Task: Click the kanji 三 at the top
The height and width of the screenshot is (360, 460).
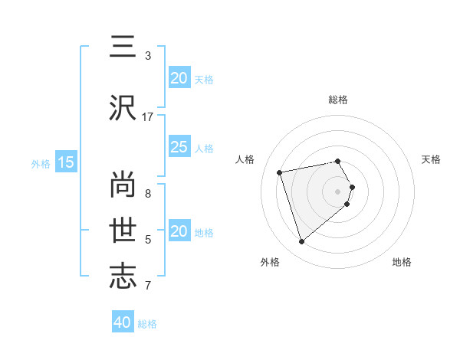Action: (x=123, y=47)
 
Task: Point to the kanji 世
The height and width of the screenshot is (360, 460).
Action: (x=123, y=228)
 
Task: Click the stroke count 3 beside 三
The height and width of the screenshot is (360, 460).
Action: (x=148, y=55)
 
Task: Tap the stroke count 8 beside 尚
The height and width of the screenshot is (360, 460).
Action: (x=148, y=193)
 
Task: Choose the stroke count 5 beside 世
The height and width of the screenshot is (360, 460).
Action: (x=148, y=240)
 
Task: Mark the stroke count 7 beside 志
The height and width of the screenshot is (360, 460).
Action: (x=148, y=286)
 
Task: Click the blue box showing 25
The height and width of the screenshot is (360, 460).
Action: (x=179, y=147)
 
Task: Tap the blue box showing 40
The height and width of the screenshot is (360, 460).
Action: (x=123, y=322)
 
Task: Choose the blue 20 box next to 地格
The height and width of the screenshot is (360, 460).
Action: (x=179, y=231)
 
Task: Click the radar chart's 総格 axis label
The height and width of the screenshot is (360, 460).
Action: (x=338, y=100)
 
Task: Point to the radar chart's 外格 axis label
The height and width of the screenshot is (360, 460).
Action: (x=270, y=262)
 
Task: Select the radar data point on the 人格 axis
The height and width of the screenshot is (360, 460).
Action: (x=280, y=172)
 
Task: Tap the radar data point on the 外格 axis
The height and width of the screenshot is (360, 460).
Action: (x=302, y=241)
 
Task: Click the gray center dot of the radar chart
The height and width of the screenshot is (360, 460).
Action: (x=338, y=191)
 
